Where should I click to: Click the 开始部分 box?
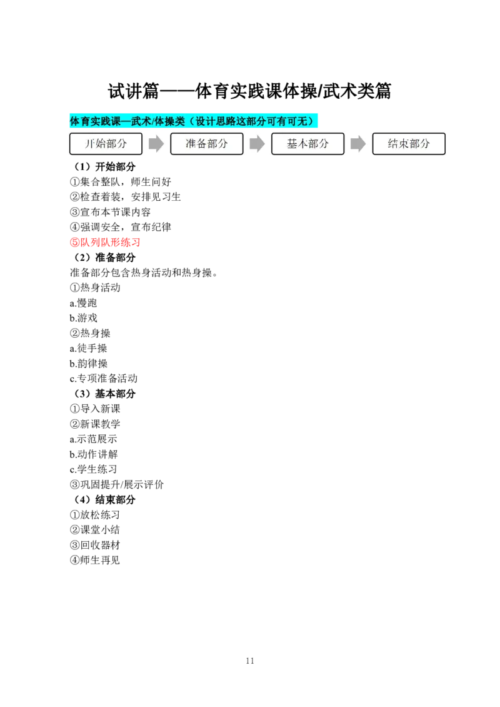point(106,144)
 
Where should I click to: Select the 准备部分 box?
point(207,144)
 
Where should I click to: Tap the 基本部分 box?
point(307,144)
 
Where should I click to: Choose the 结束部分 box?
point(409,144)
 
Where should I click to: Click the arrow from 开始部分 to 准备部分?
point(156,144)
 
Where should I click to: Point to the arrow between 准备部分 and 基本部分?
point(257,144)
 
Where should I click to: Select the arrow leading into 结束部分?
point(358,144)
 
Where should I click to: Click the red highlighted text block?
point(104,243)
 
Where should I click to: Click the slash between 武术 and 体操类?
point(153,121)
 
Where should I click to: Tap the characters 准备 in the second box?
point(196,144)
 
